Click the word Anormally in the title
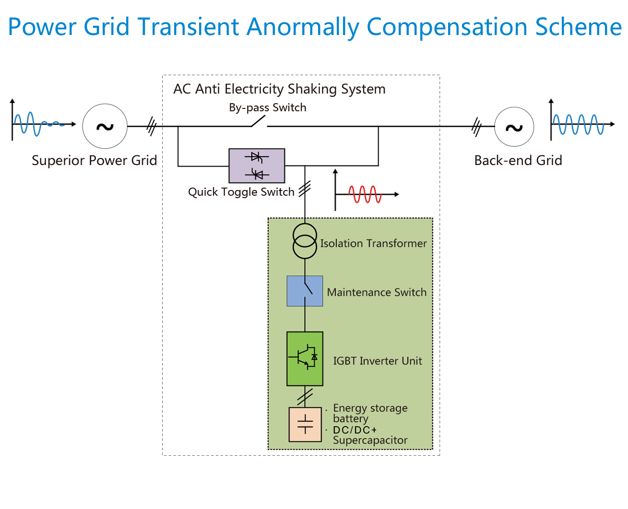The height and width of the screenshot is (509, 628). click(303, 27)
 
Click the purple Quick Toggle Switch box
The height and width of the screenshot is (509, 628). click(257, 166)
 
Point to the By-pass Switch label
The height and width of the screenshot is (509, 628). click(268, 107)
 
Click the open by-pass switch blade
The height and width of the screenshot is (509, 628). click(259, 121)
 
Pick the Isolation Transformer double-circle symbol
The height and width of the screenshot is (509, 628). click(305, 241)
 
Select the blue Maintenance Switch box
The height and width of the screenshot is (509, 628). click(305, 291)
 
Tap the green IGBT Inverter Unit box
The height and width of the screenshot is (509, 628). click(305, 359)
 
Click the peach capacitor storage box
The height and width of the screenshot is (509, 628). click(305, 425)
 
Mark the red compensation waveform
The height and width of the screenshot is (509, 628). click(365, 194)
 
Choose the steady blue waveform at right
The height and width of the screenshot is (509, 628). click(578, 124)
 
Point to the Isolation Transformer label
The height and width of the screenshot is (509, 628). click(374, 243)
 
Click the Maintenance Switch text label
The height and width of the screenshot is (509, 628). click(377, 292)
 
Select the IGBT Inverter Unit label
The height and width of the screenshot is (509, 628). click(378, 361)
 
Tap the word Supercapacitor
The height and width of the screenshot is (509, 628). click(370, 440)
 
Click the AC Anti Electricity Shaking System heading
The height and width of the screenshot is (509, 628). click(280, 89)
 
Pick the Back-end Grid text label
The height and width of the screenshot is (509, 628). click(518, 160)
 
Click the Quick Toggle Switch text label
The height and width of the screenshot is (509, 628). click(241, 192)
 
